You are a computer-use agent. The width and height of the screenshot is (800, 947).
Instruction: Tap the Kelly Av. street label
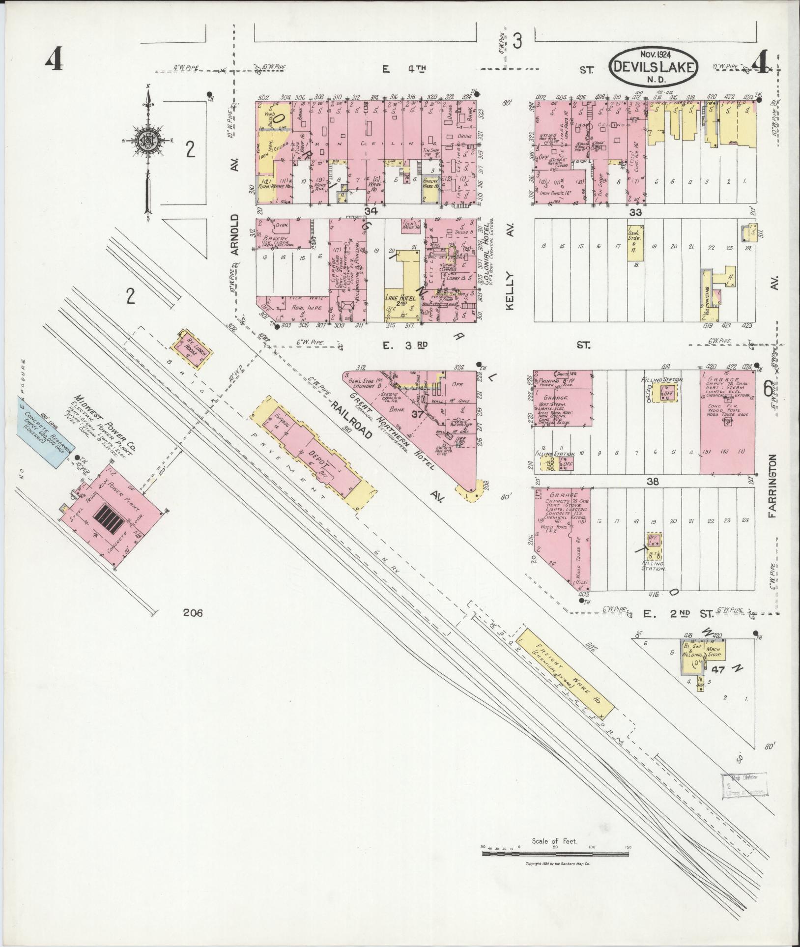(x=510, y=291)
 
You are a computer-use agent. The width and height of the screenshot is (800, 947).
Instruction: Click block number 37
(x=417, y=415)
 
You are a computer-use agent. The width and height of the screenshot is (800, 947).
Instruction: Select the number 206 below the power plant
(x=192, y=612)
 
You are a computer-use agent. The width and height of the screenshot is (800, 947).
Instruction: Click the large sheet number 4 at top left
(x=54, y=61)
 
